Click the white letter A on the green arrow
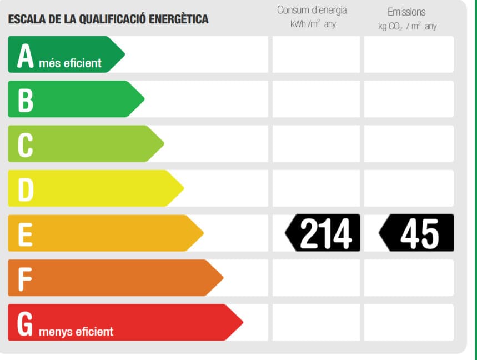pos(26,56)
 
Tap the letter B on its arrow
pos(26,101)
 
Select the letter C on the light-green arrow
pos(26,145)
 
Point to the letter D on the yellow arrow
pos(26,189)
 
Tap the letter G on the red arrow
pos(26,324)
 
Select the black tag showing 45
pos(416,233)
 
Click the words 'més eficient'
pos(70,63)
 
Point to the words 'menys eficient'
pos(76,332)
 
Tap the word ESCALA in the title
pos(24,19)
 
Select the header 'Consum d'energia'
pos(312,11)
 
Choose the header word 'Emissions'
pos(406,12)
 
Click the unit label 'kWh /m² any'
pos(313,24)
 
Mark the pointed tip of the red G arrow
pos(242,322)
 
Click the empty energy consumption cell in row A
pos(315,54)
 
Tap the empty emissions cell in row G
pos(409,322)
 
